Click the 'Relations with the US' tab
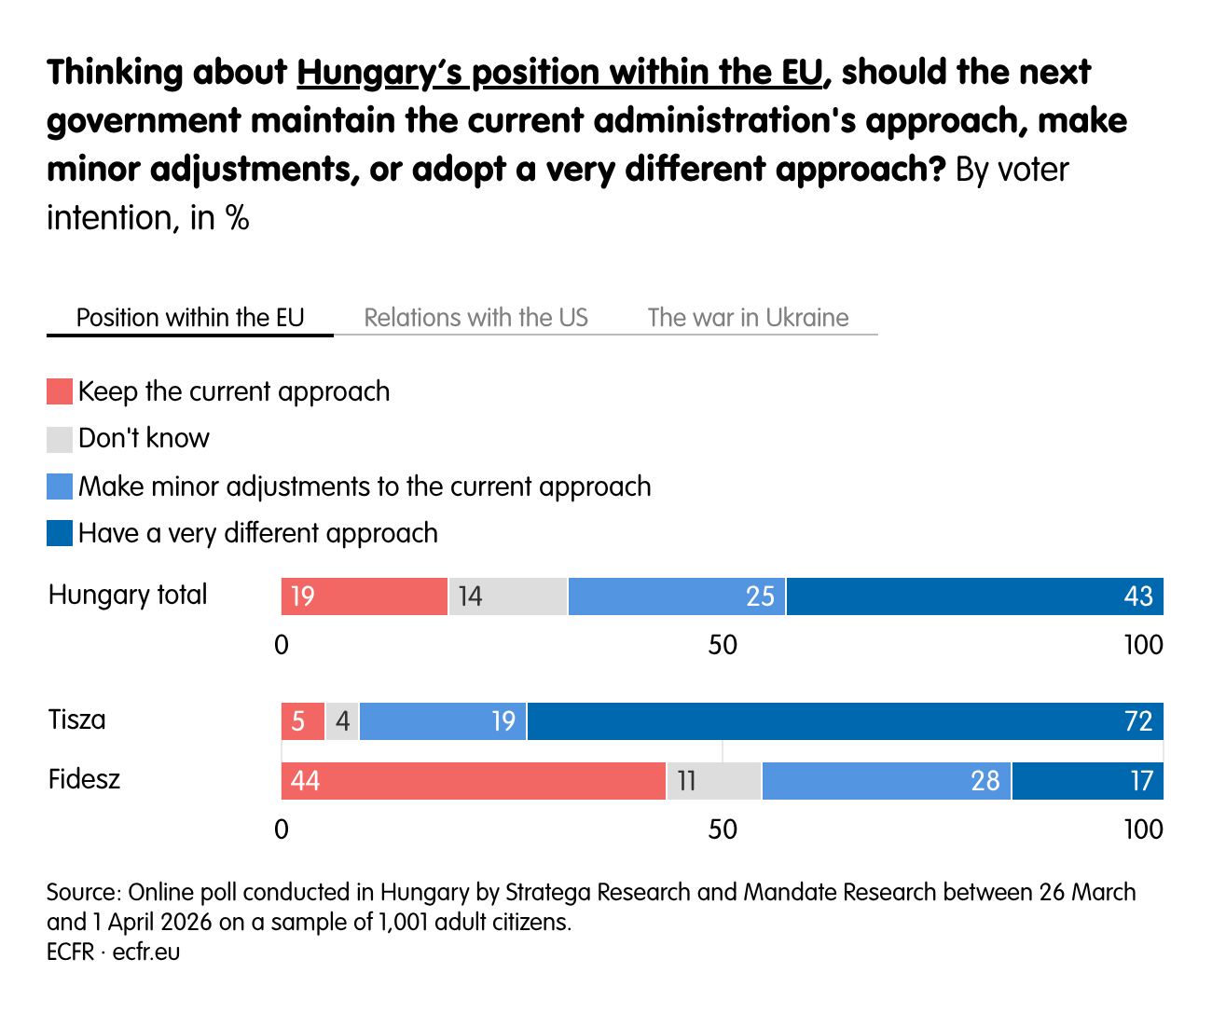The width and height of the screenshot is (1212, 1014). point(475,318)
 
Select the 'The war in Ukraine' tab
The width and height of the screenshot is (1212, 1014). point(748,318)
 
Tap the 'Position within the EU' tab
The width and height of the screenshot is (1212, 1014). point(190,318)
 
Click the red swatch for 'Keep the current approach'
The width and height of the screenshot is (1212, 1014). point(60,391)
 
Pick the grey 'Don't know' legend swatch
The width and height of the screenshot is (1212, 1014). point(60,439)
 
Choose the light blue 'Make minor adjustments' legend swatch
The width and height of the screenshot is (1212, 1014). point(60,486)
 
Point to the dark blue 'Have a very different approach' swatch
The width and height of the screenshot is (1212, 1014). point(60,533)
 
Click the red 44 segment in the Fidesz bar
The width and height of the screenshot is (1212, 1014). point(474,781)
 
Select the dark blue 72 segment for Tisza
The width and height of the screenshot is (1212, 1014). point(845,721)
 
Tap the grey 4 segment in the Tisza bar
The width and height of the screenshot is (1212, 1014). point(342,721)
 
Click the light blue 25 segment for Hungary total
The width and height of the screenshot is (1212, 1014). point(677,596)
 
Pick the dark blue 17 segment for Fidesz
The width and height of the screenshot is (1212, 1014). point(1087,781)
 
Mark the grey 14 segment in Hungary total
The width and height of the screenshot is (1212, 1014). point(508,596)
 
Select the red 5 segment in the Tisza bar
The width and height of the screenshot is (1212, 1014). point(303,721)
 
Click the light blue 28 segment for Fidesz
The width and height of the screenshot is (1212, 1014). point(887,781)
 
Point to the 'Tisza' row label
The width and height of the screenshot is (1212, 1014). point(77,719)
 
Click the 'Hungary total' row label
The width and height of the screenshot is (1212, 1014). point(128,595)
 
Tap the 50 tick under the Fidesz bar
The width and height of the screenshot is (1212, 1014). point(723,829)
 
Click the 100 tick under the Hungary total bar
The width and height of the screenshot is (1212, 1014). point(1143,645)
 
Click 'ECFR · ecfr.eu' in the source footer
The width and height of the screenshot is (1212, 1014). point(114,952)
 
